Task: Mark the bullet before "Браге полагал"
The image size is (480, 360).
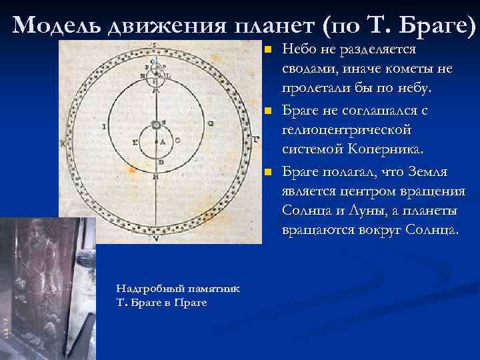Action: pos(267,173)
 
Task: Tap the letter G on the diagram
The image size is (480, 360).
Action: pos(211,123)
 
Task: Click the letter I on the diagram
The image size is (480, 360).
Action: pos(103,125)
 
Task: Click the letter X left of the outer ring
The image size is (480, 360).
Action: pos(63,143)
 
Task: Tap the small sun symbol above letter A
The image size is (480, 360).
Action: pos(156,125)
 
